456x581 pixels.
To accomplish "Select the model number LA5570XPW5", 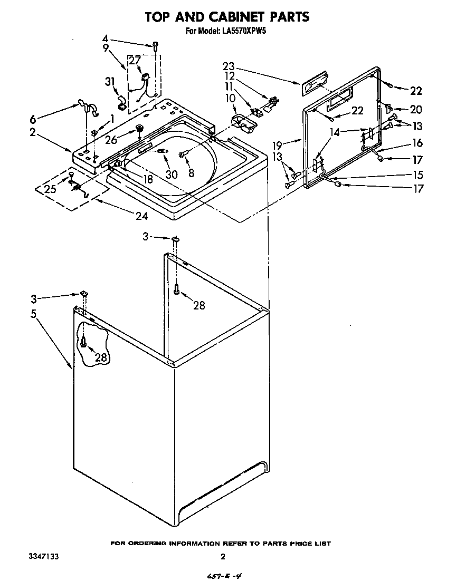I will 244,31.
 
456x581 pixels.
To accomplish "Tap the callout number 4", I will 105,39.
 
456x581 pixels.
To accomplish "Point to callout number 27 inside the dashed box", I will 135,61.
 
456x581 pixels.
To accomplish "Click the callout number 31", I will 110,82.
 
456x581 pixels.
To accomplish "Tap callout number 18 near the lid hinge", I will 148,179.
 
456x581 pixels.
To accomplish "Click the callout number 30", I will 171,175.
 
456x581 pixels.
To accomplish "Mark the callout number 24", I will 142,216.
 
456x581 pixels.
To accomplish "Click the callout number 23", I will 228,67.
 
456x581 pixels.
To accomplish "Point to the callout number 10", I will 215,99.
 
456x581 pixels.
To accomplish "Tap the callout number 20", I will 416,110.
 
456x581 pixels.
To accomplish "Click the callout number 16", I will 417,143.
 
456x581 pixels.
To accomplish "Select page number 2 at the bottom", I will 223,556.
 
